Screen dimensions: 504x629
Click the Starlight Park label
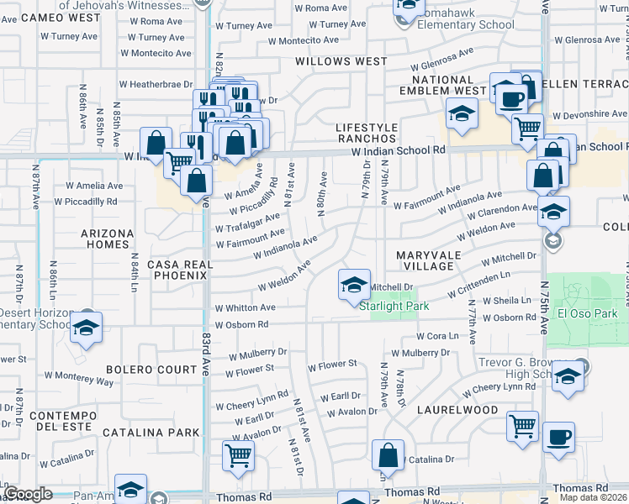pyautogui.click(x=394, y=306)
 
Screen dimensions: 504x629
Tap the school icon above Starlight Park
pyautogui.click(x=354, y=285)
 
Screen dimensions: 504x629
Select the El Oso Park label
pyautogui.click(x=589, y=314)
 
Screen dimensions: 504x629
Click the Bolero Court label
pyautogui.click(x=151, y=369)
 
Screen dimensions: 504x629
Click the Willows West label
pyautogui.click(x=341, y=61)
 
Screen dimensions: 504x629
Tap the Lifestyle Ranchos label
pyautogui.click(x=367, y=132)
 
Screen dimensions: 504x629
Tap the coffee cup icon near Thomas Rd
pyautogui.click(x=558, y=438)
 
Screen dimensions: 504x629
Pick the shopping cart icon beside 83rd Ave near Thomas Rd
pyautogui.click(x=238, y=455)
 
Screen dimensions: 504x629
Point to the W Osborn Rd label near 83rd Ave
pyautogui.click(x=241, y=324)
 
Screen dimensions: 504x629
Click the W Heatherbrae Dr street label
pyautogui.click(x=156, y=84)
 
